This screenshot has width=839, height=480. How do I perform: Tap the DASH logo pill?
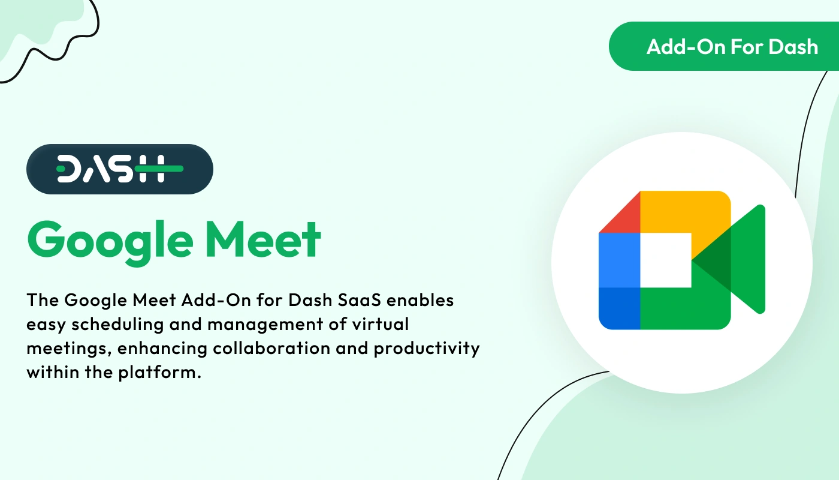pos(120,169)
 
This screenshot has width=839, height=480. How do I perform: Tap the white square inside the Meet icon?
pos(665,260)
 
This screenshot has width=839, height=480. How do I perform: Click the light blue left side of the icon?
pos(619,260)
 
